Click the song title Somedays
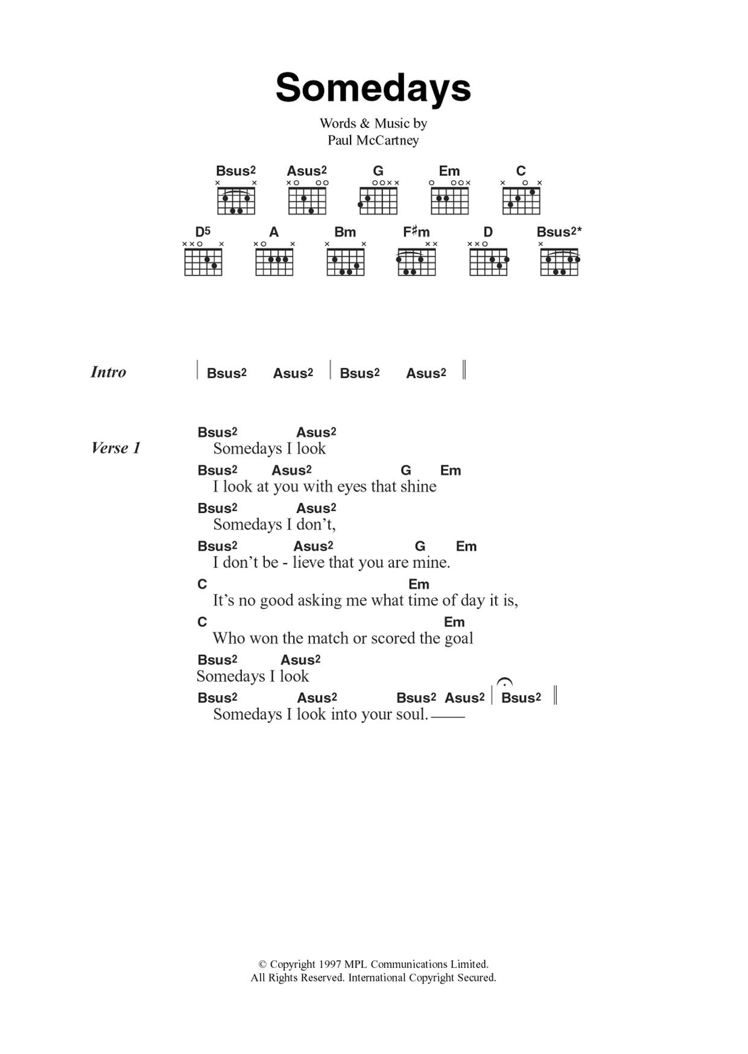[x=373, y=88]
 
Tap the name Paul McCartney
[x=373, y=140]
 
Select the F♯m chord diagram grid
[x=417, y=262]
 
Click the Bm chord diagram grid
[x=346, y=262]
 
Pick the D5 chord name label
[x=203, y=232]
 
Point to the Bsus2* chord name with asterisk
[x=559, y=232]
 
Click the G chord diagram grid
[x=378, y=201]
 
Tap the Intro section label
[x=109, y=372]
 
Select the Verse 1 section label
[x=116, y=448]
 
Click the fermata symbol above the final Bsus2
[x=504, y=683]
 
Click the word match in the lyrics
[x=326, y=639]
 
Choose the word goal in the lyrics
[x=458, y=639]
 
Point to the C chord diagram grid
[x=521, y=201]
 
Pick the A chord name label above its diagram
[x=274, y=232]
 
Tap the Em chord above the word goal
[x=454, y=622]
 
